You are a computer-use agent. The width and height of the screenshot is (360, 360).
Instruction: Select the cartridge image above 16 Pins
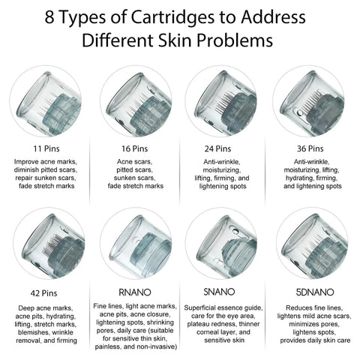click(x=135, y=101)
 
